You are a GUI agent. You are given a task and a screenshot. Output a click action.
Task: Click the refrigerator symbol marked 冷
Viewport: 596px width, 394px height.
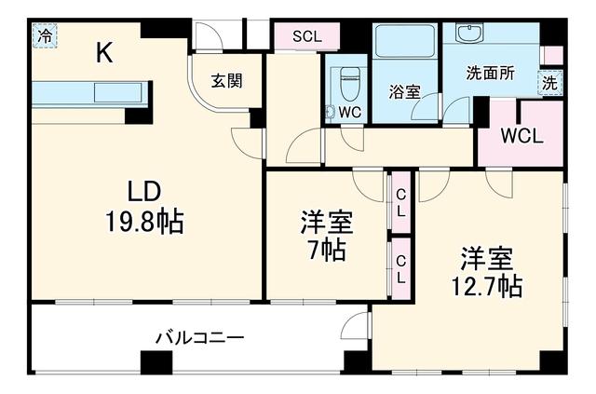coord(45,35)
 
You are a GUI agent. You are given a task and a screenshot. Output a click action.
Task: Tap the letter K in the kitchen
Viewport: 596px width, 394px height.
coord(103,52)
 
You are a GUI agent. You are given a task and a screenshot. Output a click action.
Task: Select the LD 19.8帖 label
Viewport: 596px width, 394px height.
coord(144,207)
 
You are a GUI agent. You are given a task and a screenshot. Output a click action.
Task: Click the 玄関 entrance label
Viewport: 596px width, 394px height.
coord(227,81)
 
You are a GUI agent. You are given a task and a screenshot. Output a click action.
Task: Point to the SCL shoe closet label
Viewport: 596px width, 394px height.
coord(307,36)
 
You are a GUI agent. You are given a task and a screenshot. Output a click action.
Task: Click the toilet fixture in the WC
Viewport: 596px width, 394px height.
coord(349,84)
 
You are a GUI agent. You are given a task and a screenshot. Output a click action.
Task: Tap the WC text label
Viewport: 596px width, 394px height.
coord(350,112)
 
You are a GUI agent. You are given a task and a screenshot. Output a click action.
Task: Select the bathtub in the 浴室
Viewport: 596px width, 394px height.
coord(404,42)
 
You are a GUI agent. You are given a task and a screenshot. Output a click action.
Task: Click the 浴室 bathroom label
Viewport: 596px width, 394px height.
coord(404,91)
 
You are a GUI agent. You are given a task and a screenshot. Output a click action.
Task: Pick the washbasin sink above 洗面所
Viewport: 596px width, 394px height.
coord(469,34)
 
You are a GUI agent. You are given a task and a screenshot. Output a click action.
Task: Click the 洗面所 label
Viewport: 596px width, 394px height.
coord(491,73)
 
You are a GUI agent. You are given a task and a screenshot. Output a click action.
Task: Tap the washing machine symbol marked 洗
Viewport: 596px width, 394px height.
coord(549,83)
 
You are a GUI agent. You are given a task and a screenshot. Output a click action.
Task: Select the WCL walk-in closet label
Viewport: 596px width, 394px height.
coord(521,136)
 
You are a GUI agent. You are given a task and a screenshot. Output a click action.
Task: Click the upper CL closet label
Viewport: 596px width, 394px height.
coord(400,203)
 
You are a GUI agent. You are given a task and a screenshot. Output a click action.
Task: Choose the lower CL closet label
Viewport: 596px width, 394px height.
coord(400,269)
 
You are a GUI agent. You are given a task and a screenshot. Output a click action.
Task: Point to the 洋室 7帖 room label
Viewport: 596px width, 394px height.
coord(327,236)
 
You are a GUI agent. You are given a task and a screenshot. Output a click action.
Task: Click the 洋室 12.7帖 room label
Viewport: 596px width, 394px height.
coord(487,272)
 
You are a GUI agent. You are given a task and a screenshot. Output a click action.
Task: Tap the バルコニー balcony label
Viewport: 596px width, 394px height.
coord(199,337)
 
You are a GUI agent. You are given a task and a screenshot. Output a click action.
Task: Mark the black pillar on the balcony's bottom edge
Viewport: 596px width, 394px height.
coord(156,362)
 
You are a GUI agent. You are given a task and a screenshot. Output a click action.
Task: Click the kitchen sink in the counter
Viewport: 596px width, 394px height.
coord(118,92)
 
